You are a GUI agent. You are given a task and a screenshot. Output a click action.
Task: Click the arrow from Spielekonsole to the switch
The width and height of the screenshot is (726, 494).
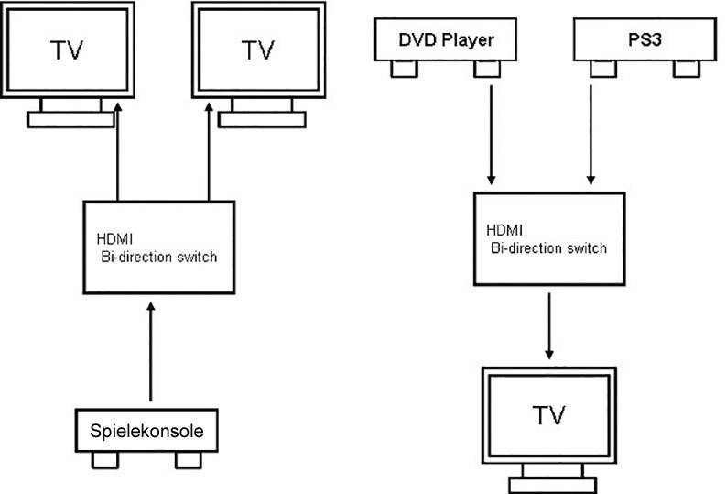tap(151, 358)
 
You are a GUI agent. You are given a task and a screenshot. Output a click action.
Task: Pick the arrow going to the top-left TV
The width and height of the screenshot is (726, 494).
tap(118, 152)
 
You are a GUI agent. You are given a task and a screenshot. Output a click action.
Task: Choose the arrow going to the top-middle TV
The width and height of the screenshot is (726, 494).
tap(211, 152)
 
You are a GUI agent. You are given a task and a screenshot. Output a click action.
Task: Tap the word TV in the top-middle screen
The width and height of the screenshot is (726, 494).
tap(257, 50)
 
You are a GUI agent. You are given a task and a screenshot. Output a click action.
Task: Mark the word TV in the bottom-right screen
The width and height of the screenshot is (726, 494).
tap(548, 415)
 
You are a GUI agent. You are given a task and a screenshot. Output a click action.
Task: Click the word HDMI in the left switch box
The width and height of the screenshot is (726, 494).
tap(114, 240)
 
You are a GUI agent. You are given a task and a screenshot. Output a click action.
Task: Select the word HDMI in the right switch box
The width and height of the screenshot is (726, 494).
tap(502, 232)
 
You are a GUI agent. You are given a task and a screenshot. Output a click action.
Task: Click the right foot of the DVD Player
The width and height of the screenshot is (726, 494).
tap(485, 69)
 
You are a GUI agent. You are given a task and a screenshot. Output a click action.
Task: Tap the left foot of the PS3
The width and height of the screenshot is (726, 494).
tap(601, 69)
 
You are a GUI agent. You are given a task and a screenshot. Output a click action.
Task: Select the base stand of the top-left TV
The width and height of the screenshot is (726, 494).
tap(70, 119)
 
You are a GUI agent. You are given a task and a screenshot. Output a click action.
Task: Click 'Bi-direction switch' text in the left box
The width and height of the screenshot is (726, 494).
tap(158, 257)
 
